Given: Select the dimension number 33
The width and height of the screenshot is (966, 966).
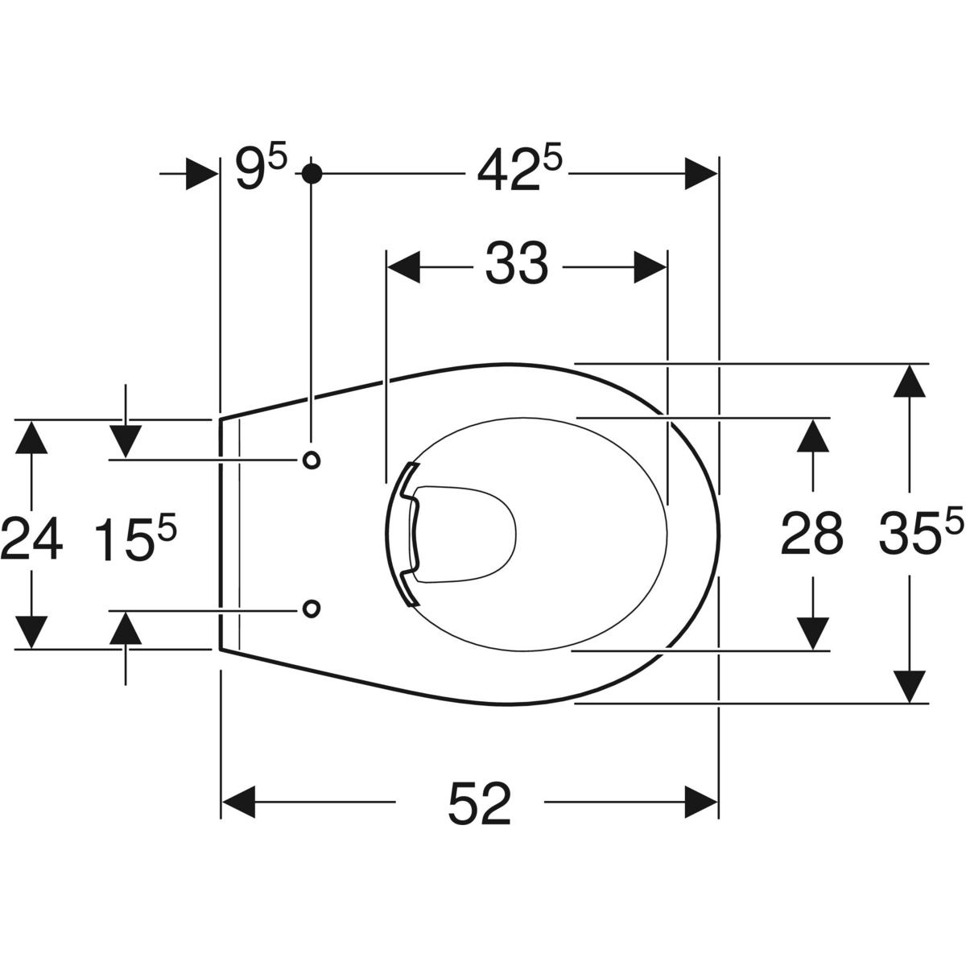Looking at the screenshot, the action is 516,264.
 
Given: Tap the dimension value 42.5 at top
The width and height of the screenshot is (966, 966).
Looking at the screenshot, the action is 520,168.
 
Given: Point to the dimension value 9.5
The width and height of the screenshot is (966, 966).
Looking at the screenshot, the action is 261,168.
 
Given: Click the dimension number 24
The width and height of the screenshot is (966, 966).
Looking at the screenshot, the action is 32,539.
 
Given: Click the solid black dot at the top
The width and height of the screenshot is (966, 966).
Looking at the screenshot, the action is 312,174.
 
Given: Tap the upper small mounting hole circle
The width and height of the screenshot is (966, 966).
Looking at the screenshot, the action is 312,460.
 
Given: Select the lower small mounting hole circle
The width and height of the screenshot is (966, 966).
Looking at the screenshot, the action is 312,609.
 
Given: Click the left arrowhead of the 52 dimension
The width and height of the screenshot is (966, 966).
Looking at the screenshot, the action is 238,802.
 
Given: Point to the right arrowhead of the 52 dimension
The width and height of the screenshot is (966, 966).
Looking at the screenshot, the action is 701,802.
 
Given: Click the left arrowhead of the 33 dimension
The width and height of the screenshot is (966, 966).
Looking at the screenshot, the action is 404,267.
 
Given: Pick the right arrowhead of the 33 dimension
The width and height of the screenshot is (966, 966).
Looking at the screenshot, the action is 650,267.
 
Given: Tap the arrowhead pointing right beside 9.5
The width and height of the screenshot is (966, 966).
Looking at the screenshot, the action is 202,174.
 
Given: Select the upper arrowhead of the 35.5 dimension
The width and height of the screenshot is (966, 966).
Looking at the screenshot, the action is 909,381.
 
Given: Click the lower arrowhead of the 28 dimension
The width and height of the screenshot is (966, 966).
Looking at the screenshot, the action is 812,634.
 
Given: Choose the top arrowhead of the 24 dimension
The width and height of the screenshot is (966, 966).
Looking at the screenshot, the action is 31,436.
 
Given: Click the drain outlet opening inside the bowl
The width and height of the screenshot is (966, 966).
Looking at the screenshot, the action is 464,535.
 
